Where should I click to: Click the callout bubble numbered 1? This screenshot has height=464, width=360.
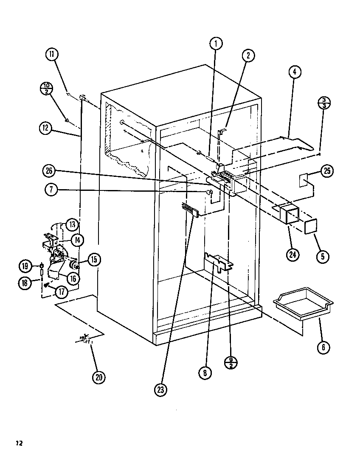pos(216,43)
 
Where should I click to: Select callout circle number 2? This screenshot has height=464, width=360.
pos(248,55)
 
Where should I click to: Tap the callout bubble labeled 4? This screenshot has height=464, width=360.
pos(294,72)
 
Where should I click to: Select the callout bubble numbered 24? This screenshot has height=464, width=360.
pos(293,254)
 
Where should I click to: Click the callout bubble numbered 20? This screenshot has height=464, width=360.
pos(98,377)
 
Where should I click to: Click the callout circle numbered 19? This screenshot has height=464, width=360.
pos(25,266)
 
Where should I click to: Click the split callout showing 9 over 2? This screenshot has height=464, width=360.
pos(231,362)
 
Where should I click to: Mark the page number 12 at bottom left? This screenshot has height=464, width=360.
pos(19,444)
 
